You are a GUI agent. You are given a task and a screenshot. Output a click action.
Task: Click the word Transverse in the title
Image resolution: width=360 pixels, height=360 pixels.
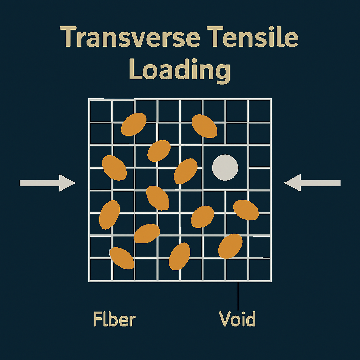coord(130,37)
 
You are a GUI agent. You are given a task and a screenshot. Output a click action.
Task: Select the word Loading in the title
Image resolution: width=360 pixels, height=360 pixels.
coord(180,70)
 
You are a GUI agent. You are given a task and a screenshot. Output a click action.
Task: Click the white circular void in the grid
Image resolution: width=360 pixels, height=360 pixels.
coord(225,168)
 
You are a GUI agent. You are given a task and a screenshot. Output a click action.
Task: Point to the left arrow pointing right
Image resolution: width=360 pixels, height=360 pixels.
coord(47,183)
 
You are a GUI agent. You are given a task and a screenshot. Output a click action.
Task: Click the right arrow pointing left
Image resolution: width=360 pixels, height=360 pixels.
coord(313,183)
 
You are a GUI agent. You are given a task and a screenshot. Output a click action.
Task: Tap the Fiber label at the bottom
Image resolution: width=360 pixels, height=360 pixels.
coord(114,319)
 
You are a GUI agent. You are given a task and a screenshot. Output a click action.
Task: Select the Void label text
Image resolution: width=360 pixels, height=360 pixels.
coord(237,319)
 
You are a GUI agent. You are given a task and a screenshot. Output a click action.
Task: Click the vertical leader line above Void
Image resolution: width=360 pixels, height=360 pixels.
coord(238,296)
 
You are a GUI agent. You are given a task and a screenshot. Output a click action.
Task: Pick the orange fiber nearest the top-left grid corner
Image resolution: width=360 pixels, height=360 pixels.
coord(134,124)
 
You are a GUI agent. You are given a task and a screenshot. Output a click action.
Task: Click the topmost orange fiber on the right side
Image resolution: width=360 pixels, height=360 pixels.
coord(204,126)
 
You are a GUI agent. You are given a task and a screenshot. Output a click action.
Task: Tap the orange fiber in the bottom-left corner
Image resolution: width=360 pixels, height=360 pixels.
coord(122,258)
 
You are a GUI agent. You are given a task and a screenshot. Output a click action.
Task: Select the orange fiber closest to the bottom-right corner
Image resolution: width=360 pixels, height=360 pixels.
coord(230,246)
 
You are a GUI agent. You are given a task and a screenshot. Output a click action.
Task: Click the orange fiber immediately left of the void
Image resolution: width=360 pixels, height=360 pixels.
coord(186,171)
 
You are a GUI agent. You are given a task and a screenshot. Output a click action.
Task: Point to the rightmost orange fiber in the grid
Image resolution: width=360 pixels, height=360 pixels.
coord(246,210)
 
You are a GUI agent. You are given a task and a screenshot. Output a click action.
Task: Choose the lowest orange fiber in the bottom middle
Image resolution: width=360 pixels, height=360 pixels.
coord(180,256)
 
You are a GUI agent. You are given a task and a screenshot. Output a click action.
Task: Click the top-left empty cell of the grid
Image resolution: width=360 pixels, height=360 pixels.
coord(101,111)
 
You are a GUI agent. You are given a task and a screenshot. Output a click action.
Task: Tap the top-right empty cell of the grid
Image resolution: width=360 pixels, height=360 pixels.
coord(259,111)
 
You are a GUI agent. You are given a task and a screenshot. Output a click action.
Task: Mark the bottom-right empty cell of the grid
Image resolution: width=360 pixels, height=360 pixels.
coord(259,270)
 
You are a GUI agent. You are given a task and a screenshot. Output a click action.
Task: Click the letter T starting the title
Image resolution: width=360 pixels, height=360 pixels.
coord(68,37)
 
